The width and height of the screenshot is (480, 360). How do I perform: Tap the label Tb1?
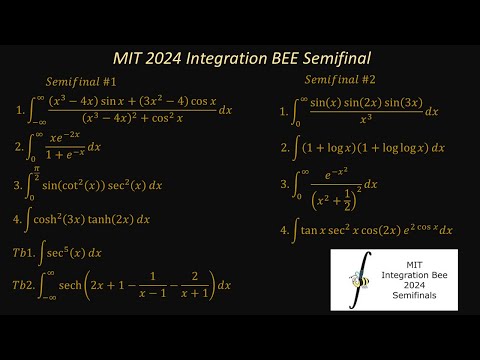(x=24, y=251)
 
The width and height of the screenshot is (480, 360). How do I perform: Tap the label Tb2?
(x=24, y=284)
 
